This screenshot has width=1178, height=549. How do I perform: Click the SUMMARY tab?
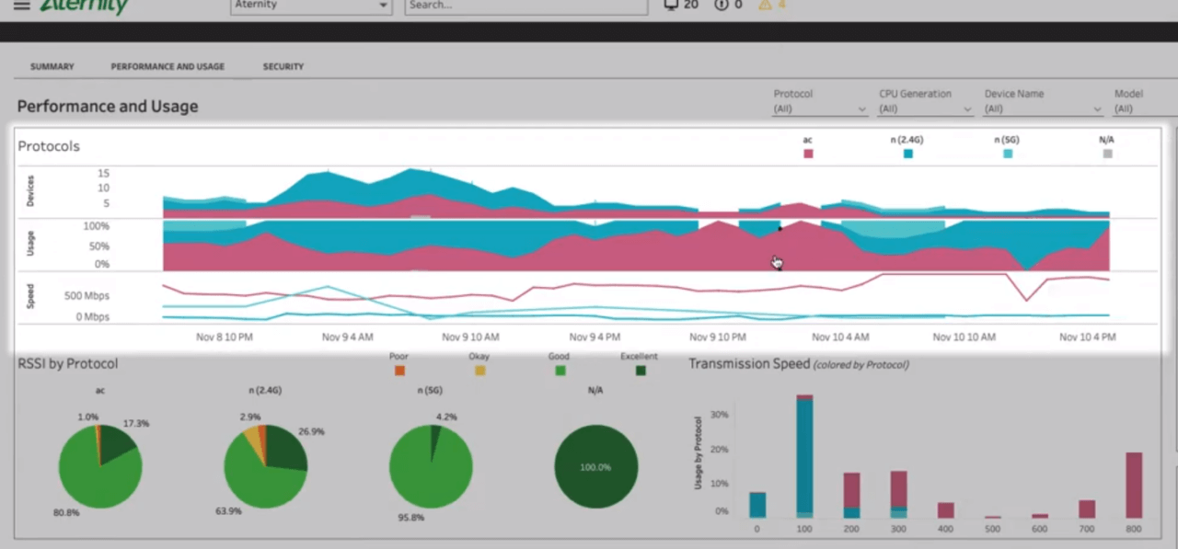(52, 67)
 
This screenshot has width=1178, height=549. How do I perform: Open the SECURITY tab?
(283, 67)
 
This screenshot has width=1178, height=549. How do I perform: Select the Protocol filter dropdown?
(819, 109)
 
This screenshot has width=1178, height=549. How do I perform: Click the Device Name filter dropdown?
(1042, 109)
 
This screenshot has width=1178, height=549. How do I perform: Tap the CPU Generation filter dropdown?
(924, 109)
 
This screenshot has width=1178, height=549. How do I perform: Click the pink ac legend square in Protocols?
(808, 154)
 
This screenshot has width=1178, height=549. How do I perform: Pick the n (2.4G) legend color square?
(908, 154)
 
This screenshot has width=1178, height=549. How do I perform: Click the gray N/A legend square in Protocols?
(1107, 154)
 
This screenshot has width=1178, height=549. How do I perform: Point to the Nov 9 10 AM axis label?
(470, 337)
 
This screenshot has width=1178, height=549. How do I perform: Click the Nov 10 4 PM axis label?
(1087, 337)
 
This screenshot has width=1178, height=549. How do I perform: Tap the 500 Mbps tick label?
(87, 296)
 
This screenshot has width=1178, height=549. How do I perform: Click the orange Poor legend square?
(399, 371)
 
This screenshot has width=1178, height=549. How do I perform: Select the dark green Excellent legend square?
(641, 371)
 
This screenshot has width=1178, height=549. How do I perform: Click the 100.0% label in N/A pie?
(595, 467)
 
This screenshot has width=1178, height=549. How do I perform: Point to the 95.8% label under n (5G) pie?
(411, 518)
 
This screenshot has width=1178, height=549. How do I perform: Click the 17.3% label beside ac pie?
(135, 424)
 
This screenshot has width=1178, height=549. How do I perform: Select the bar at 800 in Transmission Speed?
(1133, 485)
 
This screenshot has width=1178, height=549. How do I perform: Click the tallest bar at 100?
(804, 455)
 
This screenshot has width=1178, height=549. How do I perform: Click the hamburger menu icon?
(21, 6)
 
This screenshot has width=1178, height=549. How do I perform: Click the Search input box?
(525, 6)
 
